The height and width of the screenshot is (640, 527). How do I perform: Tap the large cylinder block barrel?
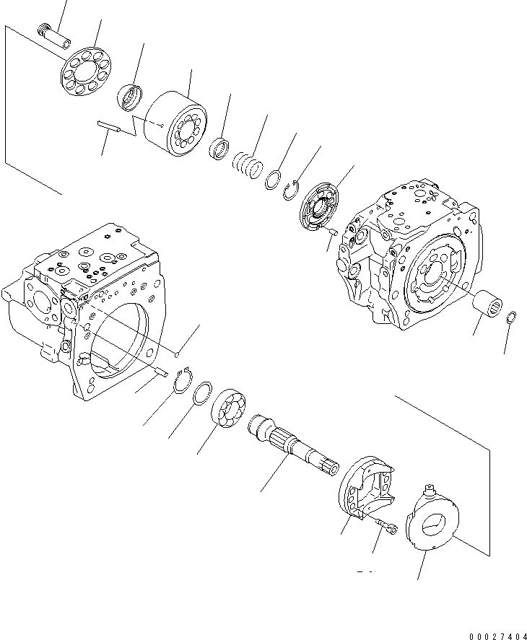[177, 127]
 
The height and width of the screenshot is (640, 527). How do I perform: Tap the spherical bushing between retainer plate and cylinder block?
[131, 97]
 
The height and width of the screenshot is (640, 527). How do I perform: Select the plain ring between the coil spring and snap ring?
[273, 180]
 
